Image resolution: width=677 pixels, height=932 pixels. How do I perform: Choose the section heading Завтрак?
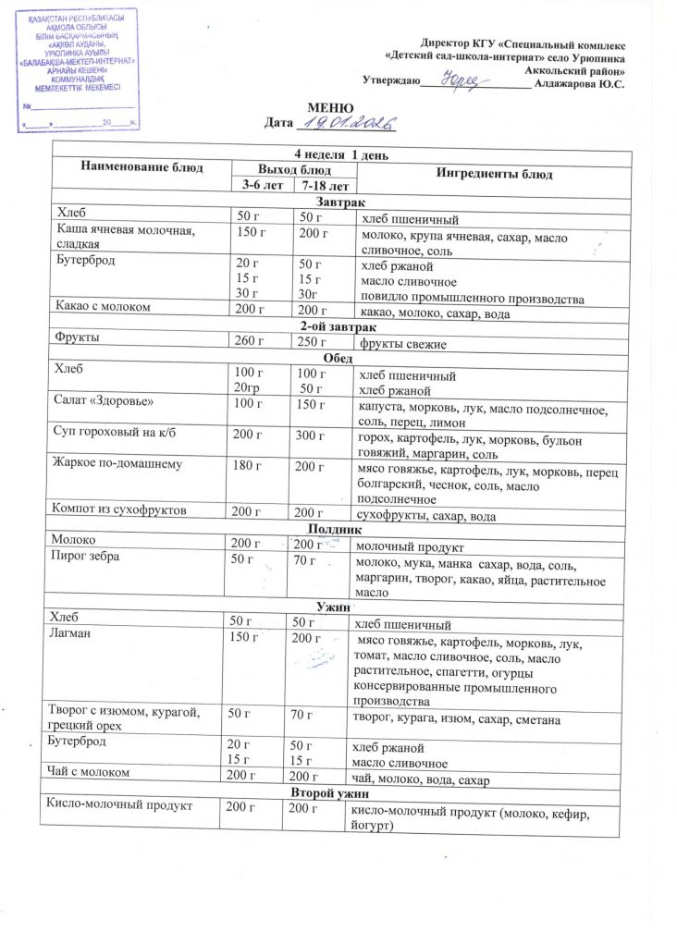tap(340, 202)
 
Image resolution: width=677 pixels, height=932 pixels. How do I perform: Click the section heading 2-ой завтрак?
tap(338, 327)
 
